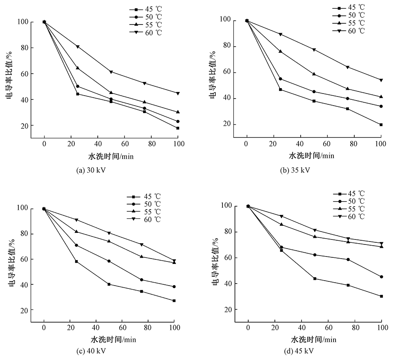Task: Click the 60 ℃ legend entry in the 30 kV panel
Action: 145,32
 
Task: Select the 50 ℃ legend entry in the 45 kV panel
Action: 349,201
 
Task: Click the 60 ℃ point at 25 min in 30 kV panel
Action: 78,47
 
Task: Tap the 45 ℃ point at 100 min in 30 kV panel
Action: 178,128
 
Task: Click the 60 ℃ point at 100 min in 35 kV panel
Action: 381,80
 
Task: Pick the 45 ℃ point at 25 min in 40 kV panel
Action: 76,261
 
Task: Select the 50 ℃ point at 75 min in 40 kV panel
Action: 142,280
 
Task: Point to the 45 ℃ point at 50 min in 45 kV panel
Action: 315,279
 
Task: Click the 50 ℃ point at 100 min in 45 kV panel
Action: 382,277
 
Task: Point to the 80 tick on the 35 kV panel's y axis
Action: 227,47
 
